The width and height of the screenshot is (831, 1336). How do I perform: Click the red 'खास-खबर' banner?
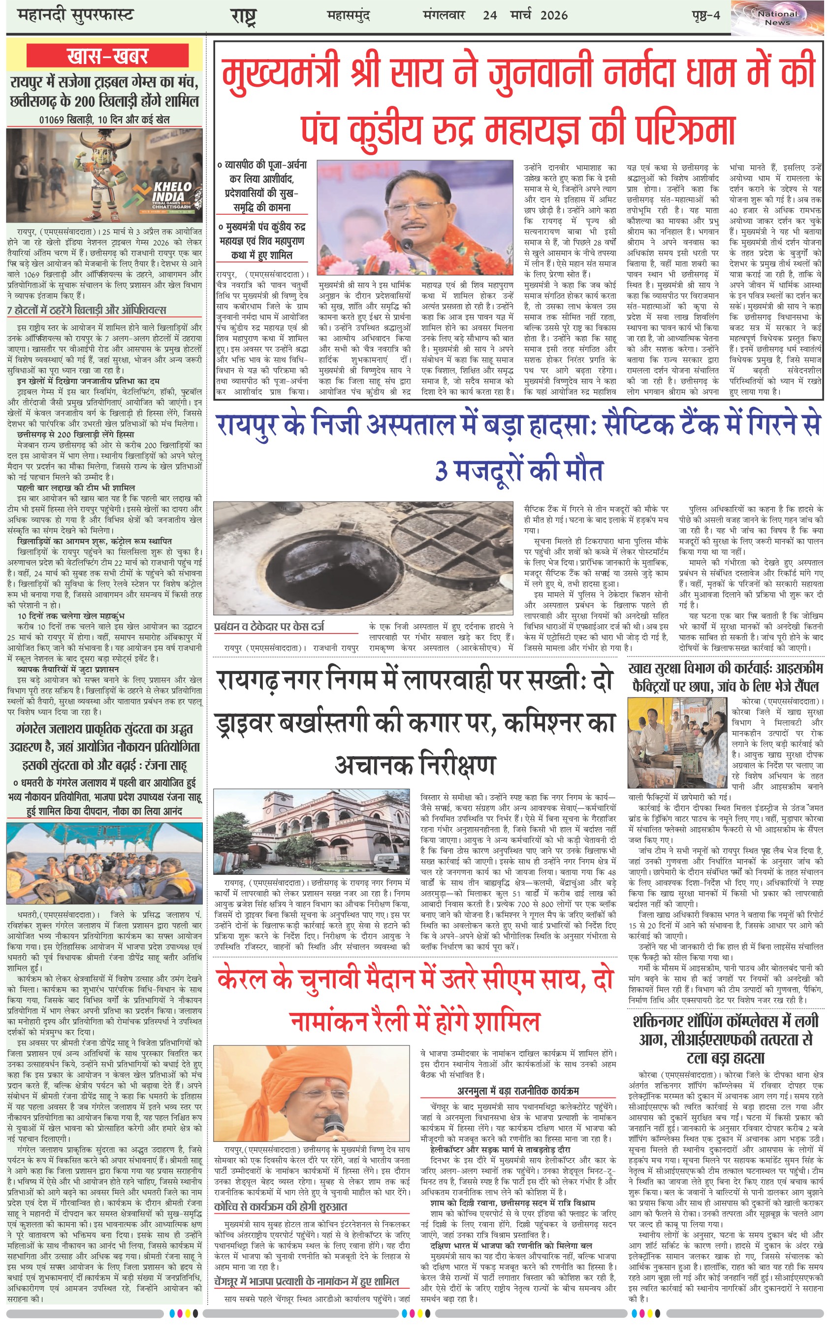coord(108,57)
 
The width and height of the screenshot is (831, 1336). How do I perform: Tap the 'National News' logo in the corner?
coord(777,18)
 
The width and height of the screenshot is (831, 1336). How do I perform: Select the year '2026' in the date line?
coord(553,15)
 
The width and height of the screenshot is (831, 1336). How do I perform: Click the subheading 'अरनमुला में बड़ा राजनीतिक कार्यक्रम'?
coord(518,1091)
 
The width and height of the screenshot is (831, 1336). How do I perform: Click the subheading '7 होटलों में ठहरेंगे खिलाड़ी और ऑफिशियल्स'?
coord(86,310)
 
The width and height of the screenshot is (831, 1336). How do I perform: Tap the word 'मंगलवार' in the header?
coord(444,15)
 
